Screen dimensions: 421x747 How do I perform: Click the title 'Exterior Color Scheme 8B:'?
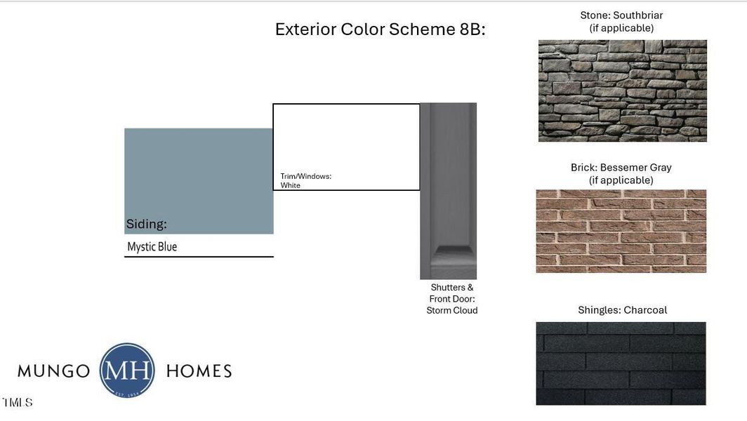tap(380, 29)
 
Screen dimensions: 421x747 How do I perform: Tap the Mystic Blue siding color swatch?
tap(199, 172)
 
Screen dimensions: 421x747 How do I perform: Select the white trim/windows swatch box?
tap(346, 140)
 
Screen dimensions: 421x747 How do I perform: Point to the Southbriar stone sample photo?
tap(622, 91)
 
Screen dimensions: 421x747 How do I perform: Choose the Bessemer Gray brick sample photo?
tap(621, 231)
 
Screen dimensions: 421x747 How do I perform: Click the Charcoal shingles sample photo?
tap(621, 363)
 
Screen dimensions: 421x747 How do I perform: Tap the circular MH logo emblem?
tap(127, 370)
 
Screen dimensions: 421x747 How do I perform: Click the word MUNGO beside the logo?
tap(53, 371)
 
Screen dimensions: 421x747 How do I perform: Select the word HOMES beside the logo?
tap(199, 371)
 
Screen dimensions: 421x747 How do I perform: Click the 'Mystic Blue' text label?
tap(152, 247)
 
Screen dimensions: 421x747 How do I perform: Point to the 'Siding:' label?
tap(146, 225)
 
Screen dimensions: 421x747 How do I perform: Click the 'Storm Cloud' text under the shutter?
tap(452, 310)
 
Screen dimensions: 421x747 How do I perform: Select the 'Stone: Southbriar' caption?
tap(621, 15)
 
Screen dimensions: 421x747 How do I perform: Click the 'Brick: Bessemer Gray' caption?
tap(621, 168)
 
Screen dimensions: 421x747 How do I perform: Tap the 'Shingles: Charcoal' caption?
tap(622, 310)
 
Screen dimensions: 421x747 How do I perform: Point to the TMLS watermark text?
tap(17, 403)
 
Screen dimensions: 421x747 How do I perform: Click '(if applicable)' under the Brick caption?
tap(621, 180)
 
